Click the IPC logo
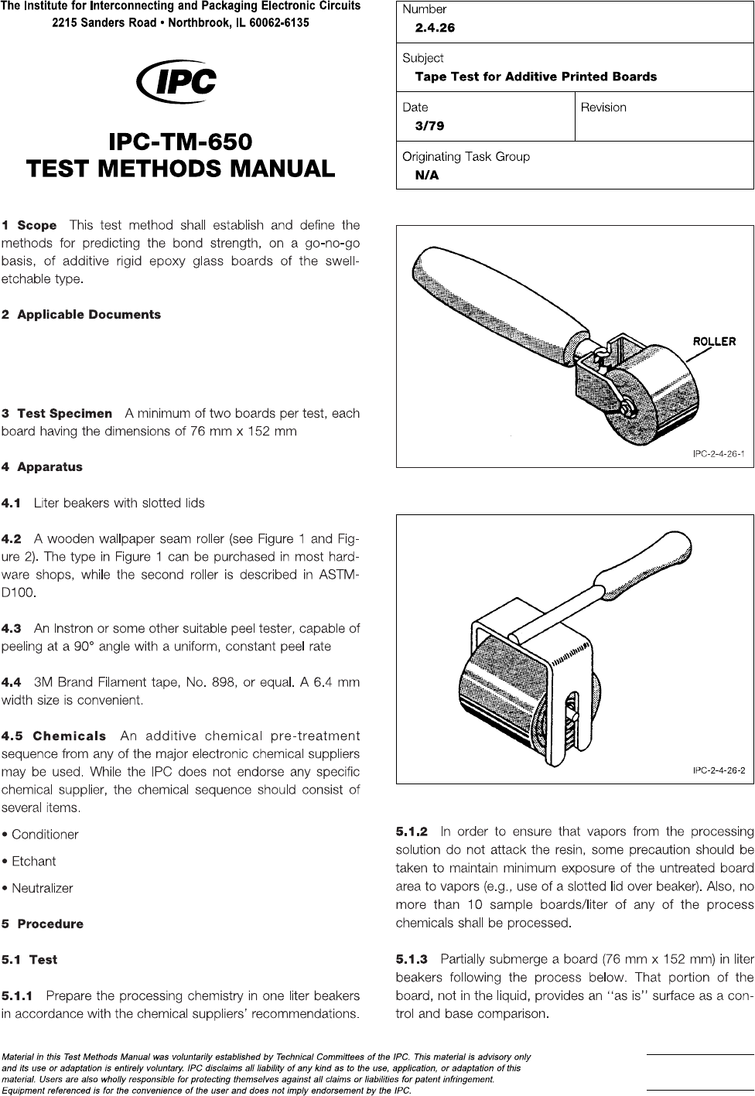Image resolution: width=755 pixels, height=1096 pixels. (x=176, y=81)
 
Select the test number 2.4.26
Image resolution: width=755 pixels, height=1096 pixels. (x=435, y=28)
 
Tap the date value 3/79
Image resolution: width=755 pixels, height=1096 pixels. (x=429, y=125)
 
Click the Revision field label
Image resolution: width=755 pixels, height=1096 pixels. (x=603, y=108)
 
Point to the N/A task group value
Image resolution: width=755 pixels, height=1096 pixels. (x=427, y=175)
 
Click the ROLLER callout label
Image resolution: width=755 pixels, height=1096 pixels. (x=713, y=341)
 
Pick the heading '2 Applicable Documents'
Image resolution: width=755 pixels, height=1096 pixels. (x=81, y=315)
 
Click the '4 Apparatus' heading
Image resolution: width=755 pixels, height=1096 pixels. (x=42, y=467)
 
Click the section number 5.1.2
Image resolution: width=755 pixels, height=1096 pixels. (x=412, y=832)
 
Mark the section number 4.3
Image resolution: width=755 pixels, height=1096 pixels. (x=12, y=628)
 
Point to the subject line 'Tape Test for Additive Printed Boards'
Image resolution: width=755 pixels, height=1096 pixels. (x=535, y=77)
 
